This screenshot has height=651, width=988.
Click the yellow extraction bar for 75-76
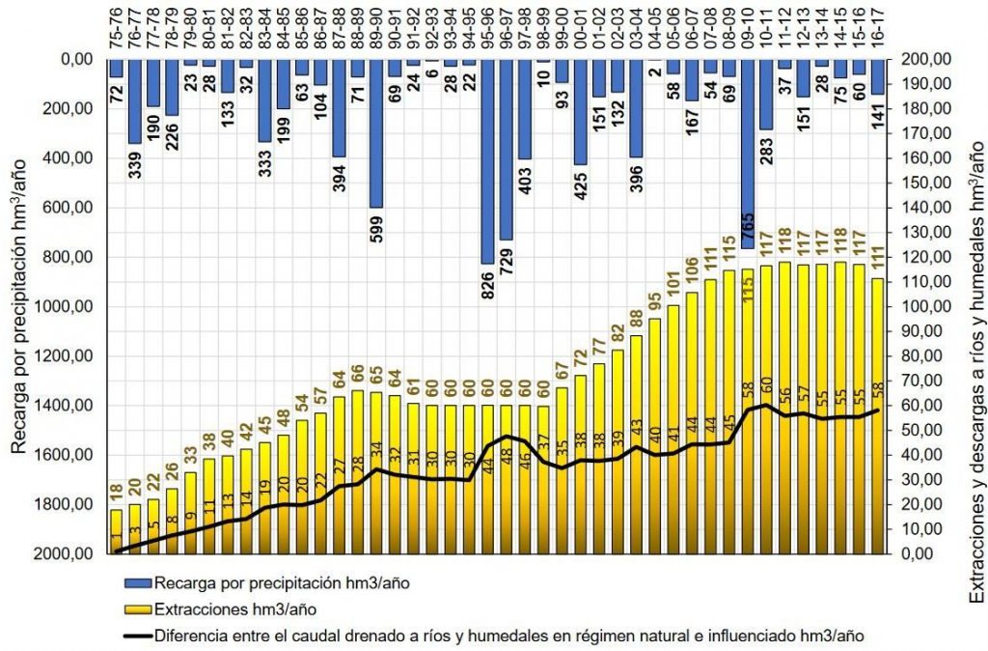coord(116,531)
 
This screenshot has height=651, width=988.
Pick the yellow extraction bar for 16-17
coord(877,415)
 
